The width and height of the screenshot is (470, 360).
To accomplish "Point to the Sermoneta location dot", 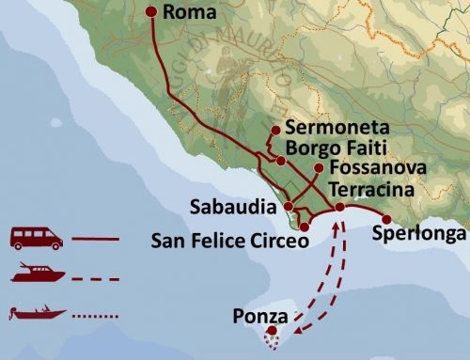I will pyautogui.click(x=274, y=130).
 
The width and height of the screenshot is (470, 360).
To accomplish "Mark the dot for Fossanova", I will pyautogui.click(x=320, y=167).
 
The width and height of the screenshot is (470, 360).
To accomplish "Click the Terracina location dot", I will pyautogui.click(x=339, y=208).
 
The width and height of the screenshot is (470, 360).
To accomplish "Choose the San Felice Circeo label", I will pyautogui.click(x=229, y=241).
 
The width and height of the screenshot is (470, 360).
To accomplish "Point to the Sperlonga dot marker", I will pyautogui.click(x=386, y=219).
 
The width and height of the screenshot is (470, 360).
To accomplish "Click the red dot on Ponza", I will pyautogui.click(x=272, y=330).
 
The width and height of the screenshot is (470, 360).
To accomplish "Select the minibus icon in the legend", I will pyautogui.click(x=36, y=239).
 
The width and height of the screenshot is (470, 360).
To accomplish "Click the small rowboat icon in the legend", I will pyautogui.click(x=37, y=311).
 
